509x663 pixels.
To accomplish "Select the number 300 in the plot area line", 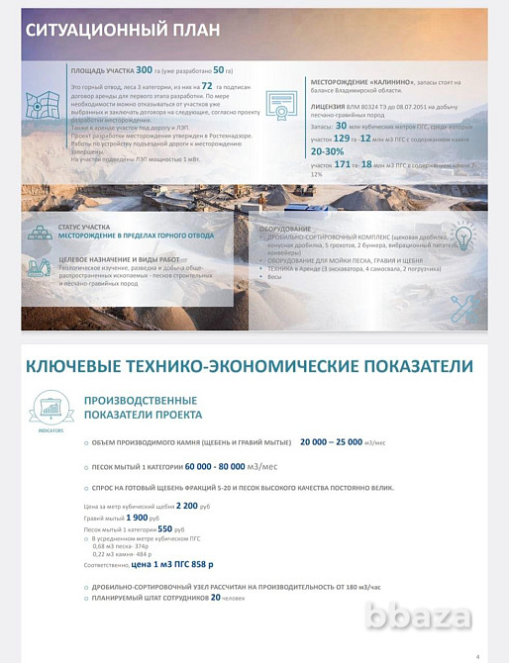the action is (x=145, y=70).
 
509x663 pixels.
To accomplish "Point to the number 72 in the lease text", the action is (x=207, y=86).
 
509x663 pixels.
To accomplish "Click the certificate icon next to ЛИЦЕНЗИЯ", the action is (x=289, y=111).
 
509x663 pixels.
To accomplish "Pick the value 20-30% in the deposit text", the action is (x=327, y=152).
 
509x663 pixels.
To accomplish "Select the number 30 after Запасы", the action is (x=341, y=126).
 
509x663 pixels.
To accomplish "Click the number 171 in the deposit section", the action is (x=344, y=164).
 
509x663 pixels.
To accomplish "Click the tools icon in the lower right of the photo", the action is (x=462, y=308).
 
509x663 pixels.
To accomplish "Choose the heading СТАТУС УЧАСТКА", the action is (x=84, y=227).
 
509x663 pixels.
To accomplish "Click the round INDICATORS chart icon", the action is (x=51, y=408).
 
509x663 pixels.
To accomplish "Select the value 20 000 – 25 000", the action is (x=331, y=442).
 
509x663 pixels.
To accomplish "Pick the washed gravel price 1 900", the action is (x=138, y=517).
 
